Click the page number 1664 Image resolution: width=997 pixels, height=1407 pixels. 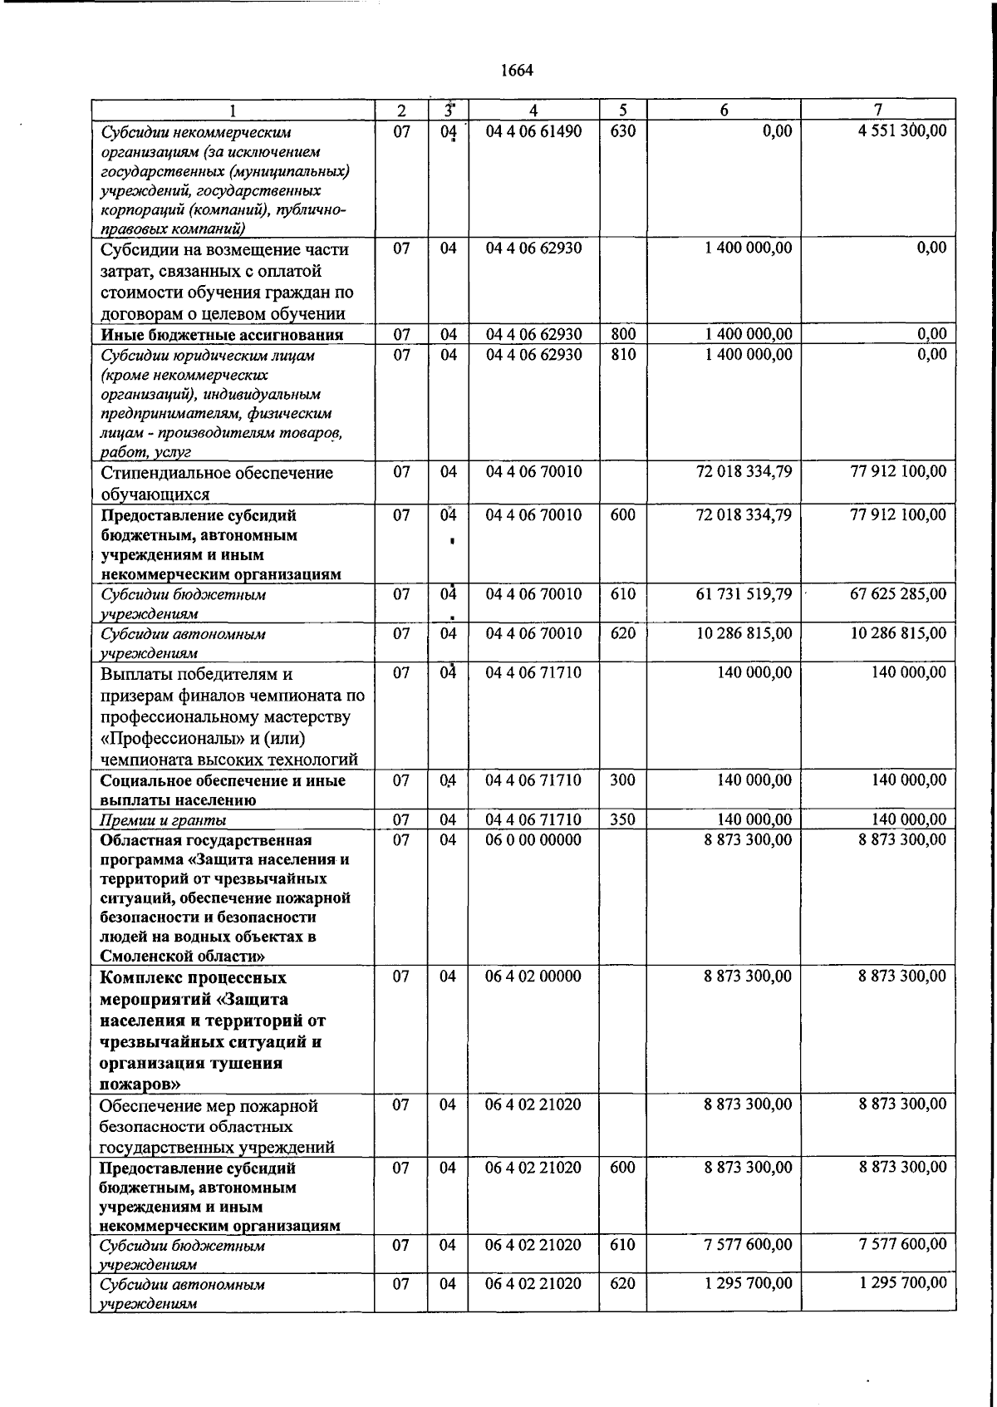(x=517, y=71)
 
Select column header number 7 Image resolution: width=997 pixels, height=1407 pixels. (x=878, y=110)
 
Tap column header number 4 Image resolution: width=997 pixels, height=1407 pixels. (x=533, y=110)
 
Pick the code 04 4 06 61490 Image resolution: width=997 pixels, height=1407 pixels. (x=533, y=130)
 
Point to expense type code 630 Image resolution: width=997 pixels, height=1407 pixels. (x=622, y=130)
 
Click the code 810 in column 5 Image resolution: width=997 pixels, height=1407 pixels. (x=622, y=355)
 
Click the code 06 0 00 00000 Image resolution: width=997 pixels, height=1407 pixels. (x=533, y=839)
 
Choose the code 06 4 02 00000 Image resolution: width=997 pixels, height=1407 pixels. (x=533, y=977)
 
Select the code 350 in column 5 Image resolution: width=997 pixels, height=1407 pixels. (x=622, y=819)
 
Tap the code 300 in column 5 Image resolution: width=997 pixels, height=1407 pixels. (x=622, y=780)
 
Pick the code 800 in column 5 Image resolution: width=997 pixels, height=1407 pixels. (x=622, y=334)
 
